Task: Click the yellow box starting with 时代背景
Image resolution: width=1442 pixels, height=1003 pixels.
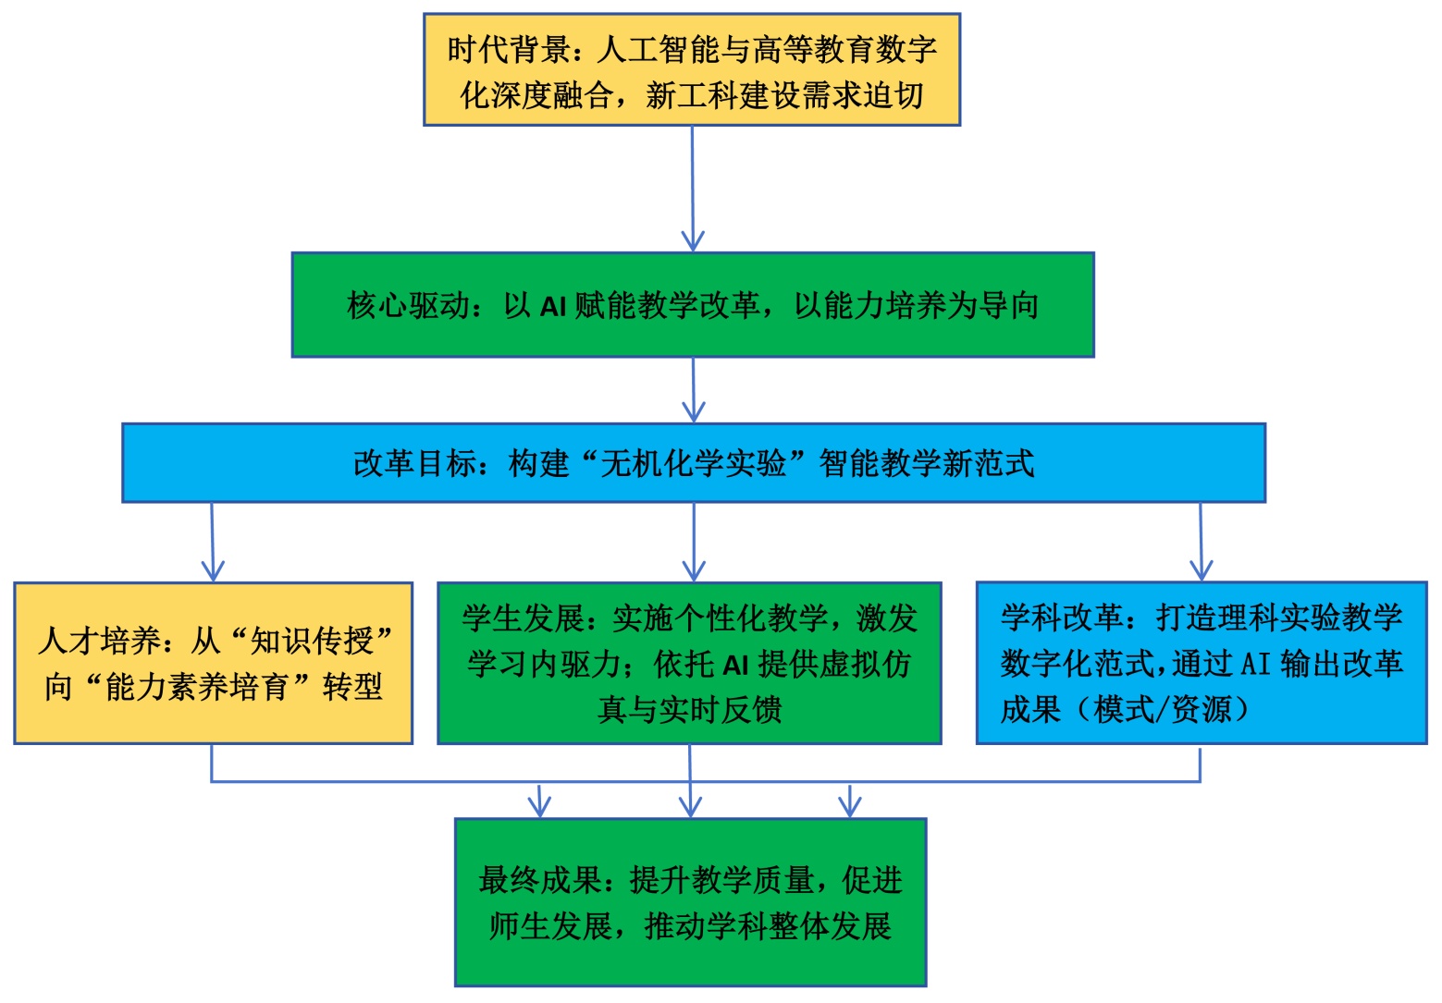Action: [692, 69]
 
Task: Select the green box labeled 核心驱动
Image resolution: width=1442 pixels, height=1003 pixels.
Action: [693, 304]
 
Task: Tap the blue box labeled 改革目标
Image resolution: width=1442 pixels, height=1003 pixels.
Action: [693, 463]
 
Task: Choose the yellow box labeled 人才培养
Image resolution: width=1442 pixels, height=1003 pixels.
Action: [213, 663]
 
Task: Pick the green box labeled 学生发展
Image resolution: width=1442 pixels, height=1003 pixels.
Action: [689, 663]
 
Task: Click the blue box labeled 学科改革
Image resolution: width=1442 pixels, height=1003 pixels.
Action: [1202, 663]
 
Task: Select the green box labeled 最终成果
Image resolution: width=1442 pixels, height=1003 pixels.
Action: [690, 902]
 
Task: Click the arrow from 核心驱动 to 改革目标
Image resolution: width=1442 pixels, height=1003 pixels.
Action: [694, 390]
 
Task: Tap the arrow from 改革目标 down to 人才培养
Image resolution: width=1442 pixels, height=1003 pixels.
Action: [213, 543]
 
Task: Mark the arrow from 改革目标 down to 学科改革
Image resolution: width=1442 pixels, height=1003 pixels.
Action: [1201, 543]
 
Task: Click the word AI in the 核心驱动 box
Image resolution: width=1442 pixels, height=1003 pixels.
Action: [552, 306]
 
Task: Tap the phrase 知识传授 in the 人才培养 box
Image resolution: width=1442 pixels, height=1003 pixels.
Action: [312, 640]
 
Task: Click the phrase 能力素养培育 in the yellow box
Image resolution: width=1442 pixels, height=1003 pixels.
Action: [197, 687]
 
